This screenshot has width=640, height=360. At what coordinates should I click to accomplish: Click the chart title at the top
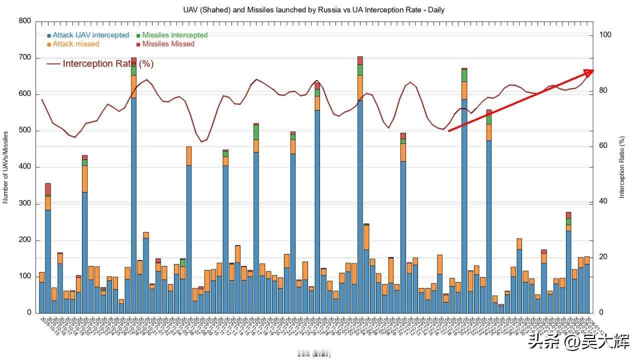click(x=313, y=9)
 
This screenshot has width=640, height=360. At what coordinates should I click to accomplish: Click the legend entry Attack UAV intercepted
click(x=90, y=35)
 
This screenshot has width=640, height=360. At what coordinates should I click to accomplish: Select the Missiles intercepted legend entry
click(x=174, y=35)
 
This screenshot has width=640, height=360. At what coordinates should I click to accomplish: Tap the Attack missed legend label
click(x=75, y=44)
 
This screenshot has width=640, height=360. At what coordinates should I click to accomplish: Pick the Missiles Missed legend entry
click(x=168, y=44)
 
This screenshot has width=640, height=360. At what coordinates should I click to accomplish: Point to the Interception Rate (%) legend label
click(x=108, y=63)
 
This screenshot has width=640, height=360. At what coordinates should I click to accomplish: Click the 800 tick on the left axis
click(x=25, y=21)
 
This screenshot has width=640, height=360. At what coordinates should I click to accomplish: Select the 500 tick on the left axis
click(x=25, y=130)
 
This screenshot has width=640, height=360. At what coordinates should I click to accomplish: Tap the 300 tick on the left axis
click(x=25, y=203)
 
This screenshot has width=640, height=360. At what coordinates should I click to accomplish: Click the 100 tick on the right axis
click(x=605, y=35)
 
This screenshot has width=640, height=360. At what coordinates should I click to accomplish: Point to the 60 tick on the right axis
click(x=603, y=146)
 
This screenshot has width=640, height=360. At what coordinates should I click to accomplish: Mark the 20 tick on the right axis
click(x=603, y=257)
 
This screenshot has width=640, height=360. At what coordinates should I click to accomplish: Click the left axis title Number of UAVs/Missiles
click(x=6, y=167)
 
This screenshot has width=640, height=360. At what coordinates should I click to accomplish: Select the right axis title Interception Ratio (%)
click(x=622, y=167)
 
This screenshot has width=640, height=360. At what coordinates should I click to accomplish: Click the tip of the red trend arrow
click(x=593, y=70)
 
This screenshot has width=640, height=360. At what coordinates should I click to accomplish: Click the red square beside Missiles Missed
click(x=138, y=44)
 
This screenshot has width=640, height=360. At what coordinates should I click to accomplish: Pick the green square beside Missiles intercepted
click(x=138, y=35)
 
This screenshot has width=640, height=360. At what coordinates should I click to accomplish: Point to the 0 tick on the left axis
click(x=29, y=313)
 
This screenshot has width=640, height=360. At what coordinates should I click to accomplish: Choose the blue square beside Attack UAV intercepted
click(x=49, y=35)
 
